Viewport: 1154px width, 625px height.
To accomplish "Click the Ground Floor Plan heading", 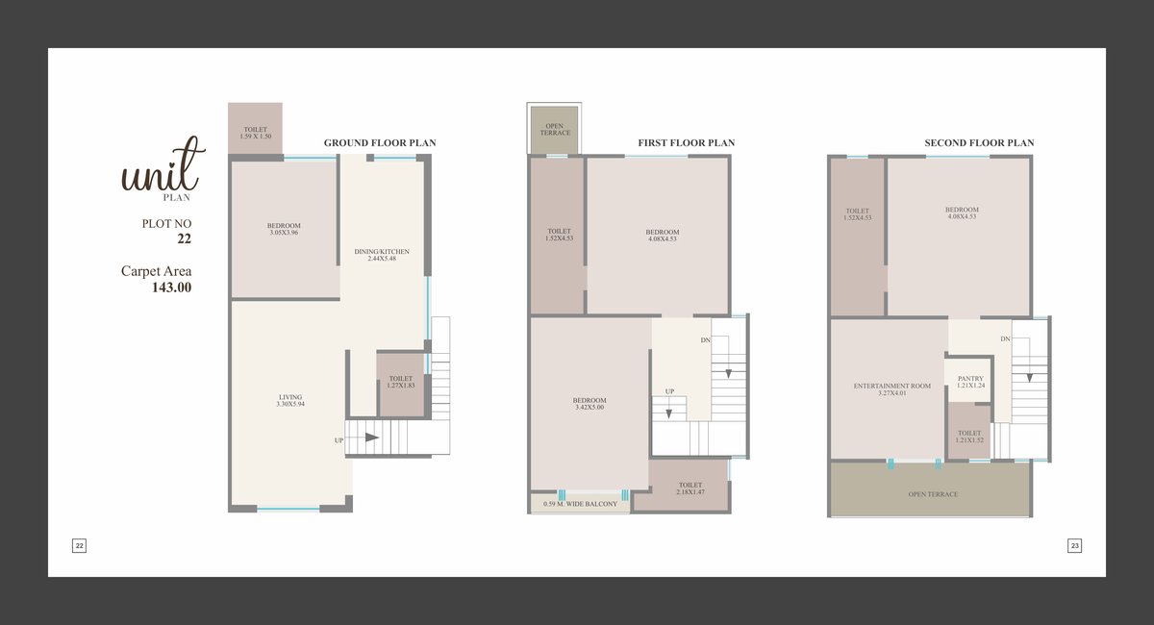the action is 380,142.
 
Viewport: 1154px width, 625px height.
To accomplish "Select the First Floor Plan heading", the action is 687,142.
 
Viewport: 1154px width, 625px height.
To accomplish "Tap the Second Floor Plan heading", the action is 979,142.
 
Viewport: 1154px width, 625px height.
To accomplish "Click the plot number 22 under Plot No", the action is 184,238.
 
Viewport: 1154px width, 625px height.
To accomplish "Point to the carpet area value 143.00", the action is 171,287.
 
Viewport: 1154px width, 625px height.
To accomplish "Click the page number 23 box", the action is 1074,545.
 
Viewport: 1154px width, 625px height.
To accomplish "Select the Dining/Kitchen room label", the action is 382,255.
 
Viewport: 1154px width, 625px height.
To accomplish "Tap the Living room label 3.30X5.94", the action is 290,400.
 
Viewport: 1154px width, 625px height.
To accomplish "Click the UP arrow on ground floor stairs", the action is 372,437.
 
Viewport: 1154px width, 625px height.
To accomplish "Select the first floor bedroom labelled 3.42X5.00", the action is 590,404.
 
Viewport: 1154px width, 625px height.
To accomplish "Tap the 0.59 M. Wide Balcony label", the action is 580,504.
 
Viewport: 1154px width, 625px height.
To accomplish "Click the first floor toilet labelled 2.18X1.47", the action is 690,488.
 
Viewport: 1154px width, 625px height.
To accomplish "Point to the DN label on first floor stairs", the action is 705,340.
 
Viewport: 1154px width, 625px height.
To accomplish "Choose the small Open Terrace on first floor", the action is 554,130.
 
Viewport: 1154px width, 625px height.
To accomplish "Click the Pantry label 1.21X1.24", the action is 970,382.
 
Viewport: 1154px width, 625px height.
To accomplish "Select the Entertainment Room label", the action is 892,389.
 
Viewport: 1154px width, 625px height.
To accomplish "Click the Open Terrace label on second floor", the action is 933,494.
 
